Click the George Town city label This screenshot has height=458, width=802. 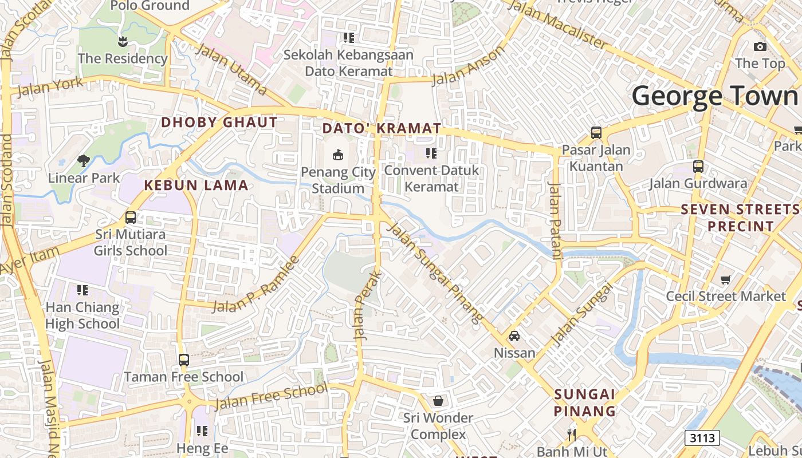(x=716, y=96)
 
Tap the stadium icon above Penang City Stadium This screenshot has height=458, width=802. (x=338, y=155)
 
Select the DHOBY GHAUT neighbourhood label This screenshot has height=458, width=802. (x=219, y=122)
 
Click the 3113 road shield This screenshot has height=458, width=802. (x=702, y=438)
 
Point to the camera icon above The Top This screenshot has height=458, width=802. (x=760, y=46)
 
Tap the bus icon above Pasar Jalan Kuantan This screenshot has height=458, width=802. (x=596, y=133)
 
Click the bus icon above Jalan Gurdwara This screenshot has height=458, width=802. (x=698, y=167)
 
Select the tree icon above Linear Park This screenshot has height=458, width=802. (x=84, y=161)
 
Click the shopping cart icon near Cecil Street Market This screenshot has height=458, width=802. (x=726, y=279)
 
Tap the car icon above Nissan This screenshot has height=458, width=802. (x=514, y=336)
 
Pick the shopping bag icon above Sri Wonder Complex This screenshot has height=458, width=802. (x=438, y=401)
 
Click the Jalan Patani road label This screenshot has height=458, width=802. (x=555, y=221)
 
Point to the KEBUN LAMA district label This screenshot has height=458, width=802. (x=196, y=185)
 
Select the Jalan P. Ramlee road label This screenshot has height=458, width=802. (x=256, y=285)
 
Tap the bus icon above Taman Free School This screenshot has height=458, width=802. (x=183, y=360)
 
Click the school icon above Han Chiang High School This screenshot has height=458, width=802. (x=82, y=290)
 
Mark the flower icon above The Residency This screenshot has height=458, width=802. (x=122, y=41)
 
